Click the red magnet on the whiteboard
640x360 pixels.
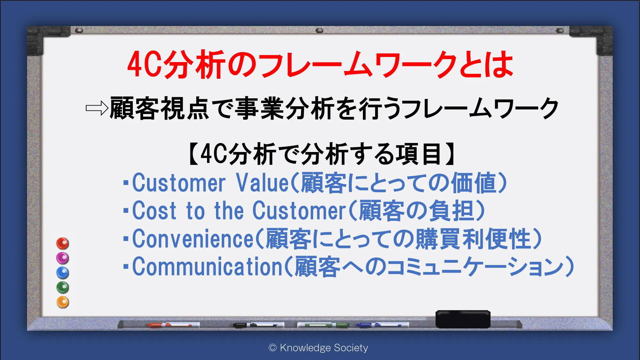[x=63, y=244]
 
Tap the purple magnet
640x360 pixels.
[x=63, y=258]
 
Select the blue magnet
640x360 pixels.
[x=63, y=273]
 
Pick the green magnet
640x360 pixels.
[x=63, y=287]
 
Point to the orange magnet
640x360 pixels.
[x=63, y=302]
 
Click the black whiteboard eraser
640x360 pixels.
[x=463, y=319]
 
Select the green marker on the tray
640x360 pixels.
[x=323, y=325]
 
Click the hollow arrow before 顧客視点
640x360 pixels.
[x=97, y=108]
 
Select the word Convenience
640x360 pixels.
[x=193, y=239]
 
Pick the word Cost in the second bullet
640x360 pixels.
[x=154, y=211]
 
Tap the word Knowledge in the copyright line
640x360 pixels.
[x=305, y=348]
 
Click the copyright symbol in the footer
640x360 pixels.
[x=273, y=348]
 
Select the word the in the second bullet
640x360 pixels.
[x=229, y=211]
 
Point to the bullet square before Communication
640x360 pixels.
[x=126, y=267]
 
